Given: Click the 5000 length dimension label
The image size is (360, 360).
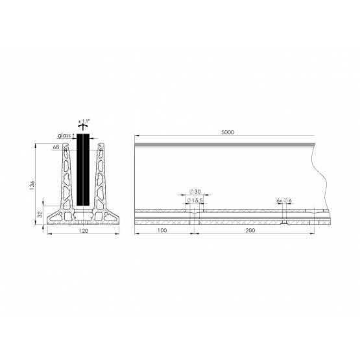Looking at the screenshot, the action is (228, 132).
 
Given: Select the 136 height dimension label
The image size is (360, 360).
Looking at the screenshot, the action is (32, 185).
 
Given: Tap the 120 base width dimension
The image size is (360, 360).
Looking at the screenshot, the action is (83, 231).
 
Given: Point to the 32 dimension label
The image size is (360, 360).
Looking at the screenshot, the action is (40, 214).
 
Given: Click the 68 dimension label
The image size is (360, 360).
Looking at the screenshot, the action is (56, 147).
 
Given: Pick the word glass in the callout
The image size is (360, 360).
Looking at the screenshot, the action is (64, 136).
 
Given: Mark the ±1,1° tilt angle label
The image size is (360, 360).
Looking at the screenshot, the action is (84, 121).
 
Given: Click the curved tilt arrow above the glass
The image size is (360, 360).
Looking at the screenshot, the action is (83, 126).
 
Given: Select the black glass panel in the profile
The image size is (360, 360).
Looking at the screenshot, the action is (83, 170).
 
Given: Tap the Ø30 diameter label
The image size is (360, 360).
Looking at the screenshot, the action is (195, 192).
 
